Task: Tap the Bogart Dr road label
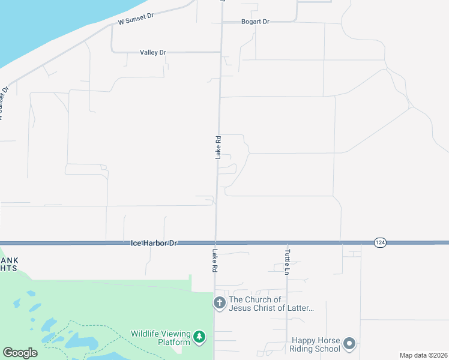tap(255, 22)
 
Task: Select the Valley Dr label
tap(152, 53)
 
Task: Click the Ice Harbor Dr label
tap(155, 243)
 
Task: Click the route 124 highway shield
tap(379, 242)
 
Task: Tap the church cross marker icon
tap(220, 304)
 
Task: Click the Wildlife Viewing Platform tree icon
tap(200, 338)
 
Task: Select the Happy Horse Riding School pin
tap(349, 344)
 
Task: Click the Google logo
tap(20, 353)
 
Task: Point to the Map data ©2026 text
tap(423, 355)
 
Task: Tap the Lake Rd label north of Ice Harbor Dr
tap(218, 147)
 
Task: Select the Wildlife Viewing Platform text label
tap(161, 338)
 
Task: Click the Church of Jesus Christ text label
tap(271, 304)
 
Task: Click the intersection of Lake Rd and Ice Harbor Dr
tap(215, 242)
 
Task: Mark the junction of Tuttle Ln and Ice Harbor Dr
tap(287, 242)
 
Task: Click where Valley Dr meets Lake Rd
tap(220, 52)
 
